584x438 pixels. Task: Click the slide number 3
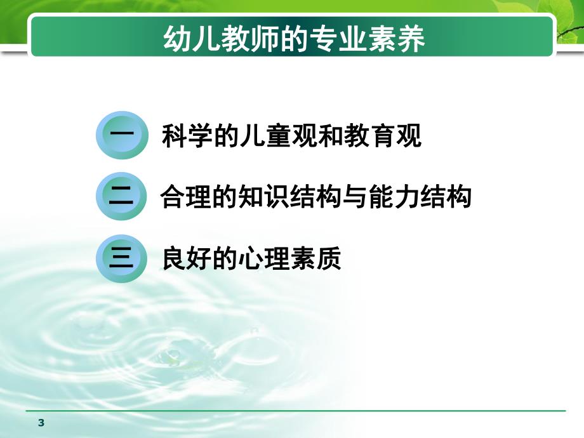(x=42, y=423)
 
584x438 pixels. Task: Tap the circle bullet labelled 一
(x=121, y=136)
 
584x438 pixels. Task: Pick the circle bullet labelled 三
(x=121, y=259)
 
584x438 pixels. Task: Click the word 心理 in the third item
(x=264, y=259)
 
